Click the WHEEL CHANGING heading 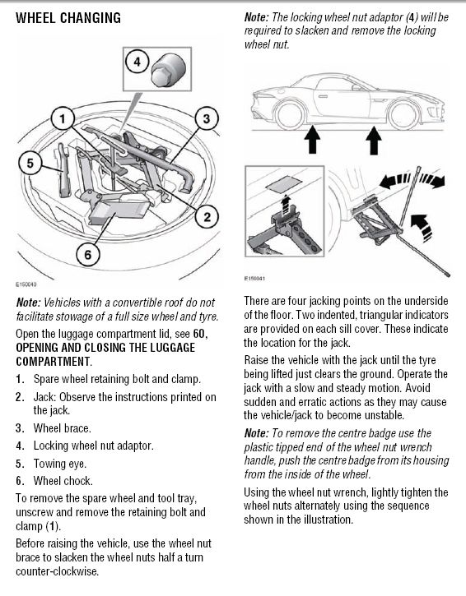(68, 18)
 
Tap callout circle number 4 (137, 61)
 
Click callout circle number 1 (63, 119)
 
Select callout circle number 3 (207, 118)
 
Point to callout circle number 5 (30, 163)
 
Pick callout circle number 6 (88, 254)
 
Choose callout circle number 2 (207, 217)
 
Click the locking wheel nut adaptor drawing (168, 70)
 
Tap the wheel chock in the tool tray (119, 211)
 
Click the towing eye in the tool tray (64, 170)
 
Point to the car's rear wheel (290, 113)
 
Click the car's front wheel (403, 113)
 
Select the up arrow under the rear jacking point (313, 140)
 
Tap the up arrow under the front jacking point (374, 141)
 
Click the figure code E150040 (26, 284)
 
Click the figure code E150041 (254, 278)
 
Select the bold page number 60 (199, 334)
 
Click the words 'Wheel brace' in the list (62, 428)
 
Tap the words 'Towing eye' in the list (60, 464)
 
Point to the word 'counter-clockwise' (57, 571)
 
